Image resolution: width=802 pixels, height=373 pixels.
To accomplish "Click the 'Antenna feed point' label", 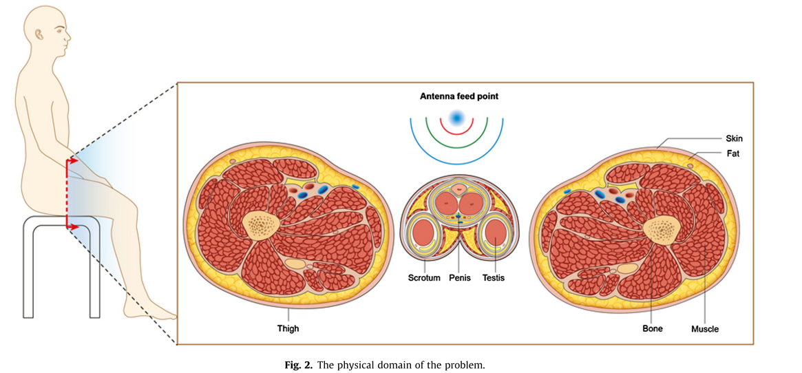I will click(x=458, y=97).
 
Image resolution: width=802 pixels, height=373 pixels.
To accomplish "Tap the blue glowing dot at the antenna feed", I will click(x=456, y=118).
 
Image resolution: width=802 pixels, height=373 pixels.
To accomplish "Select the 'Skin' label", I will click(x=734, y=138).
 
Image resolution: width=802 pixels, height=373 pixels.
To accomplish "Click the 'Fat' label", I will click(x=732, y=153).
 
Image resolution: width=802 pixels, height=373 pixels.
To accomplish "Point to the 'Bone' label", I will click(x=652, y=328).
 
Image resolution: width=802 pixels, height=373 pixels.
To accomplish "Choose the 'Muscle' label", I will click(x=704, y=329).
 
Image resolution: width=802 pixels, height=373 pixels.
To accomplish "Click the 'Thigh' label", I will click(x=288, y=328).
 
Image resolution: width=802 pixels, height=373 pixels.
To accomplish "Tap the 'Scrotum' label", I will click(x=424, y=278).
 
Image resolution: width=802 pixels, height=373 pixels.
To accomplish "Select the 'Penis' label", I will click(x=459, y=278).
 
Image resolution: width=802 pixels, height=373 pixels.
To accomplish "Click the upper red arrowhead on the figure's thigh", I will click(x=75, y=161).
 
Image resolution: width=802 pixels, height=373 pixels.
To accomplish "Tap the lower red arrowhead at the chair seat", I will click(x=75, y=225).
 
